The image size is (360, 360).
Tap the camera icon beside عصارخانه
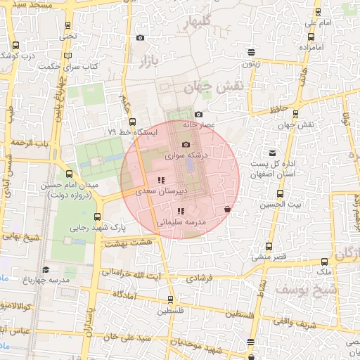point(199,114)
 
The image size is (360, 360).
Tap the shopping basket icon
point(226,209)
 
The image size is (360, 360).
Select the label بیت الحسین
point(280,204)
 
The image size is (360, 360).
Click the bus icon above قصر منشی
point(269,247)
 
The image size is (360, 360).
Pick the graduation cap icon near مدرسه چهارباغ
point(46,269)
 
